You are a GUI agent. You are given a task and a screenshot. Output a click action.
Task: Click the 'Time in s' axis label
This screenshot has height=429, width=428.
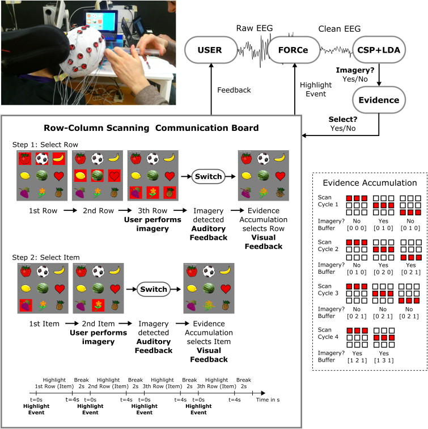tap(278, 400)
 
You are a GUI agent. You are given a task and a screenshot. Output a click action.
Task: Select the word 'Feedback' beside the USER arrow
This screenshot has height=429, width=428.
tap(234, 90)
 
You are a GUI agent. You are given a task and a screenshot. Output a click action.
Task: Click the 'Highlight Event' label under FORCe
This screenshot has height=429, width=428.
tap(315, 89)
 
